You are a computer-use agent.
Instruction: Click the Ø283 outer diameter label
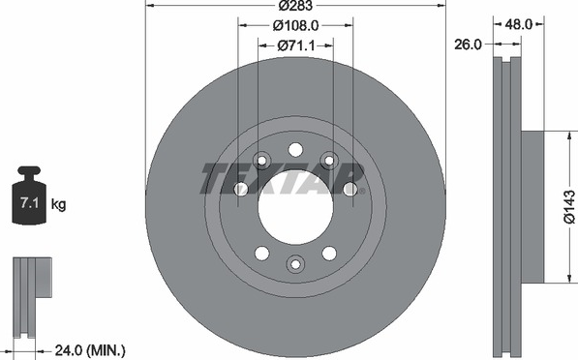[x=295, y=5]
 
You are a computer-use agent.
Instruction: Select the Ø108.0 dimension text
[x=295, y=25]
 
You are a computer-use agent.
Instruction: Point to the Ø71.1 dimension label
[x=295, y=45]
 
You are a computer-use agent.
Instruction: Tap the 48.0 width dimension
[x=519, y=24]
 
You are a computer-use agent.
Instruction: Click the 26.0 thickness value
[x=468, y=45]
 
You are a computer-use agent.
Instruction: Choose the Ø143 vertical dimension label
[x=569, y=207]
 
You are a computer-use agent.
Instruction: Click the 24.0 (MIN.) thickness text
[x=90, y=350]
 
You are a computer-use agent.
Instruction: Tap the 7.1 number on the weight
[x=29, y=202]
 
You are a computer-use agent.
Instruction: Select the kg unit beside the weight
[x=58, y=204]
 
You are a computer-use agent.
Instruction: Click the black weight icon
[x=29, y=195]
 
